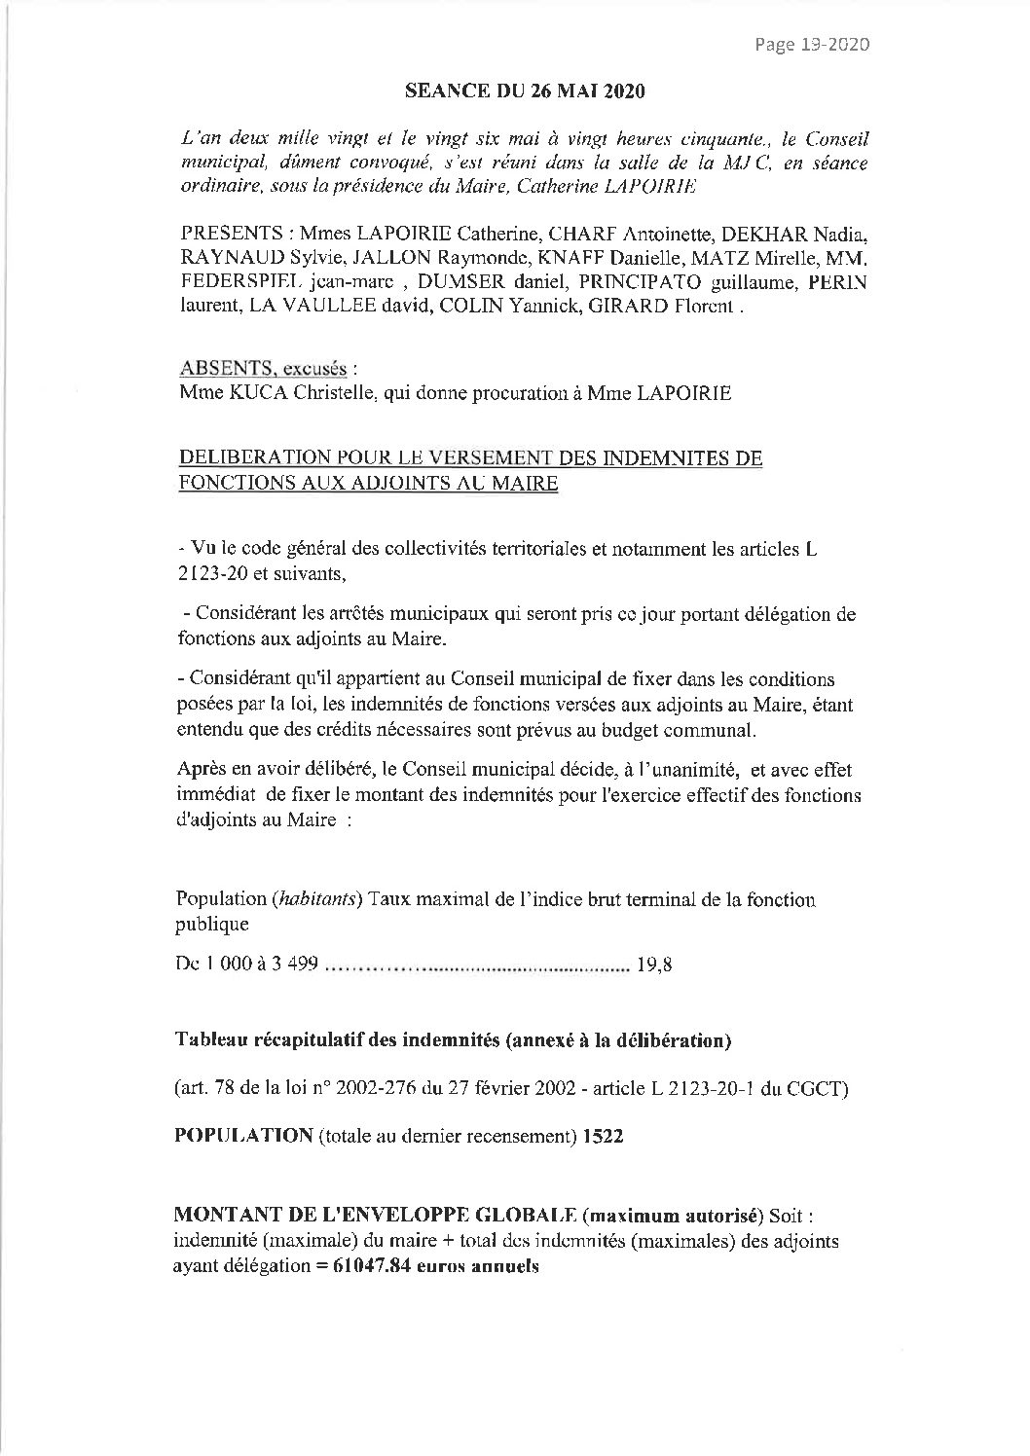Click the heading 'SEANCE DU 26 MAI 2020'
(524, 92)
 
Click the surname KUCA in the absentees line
(253, 394)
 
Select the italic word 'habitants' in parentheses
(310, 899)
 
